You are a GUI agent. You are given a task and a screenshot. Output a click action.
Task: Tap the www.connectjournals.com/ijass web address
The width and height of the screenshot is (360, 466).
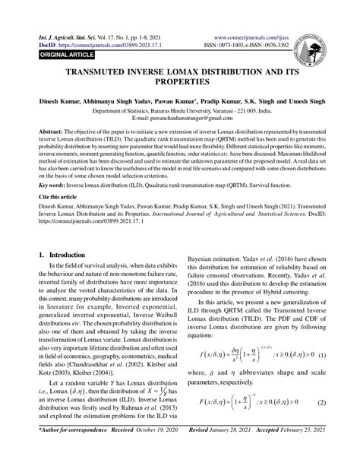point(254,35)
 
